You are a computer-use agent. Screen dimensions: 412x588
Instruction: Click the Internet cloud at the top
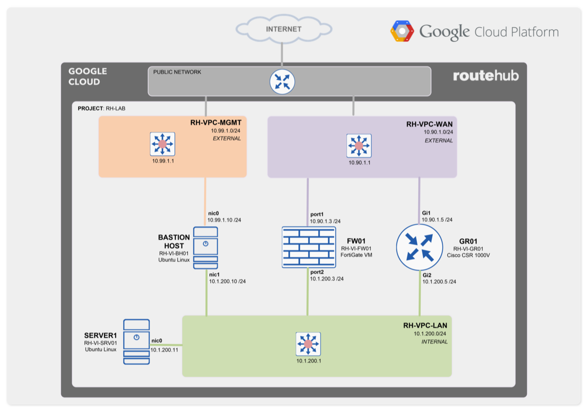[283, 29]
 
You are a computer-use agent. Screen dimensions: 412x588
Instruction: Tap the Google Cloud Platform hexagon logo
[402, 32]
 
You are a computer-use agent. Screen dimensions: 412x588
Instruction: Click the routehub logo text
[485, 76]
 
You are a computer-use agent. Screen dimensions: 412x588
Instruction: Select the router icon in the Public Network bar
[282, 82]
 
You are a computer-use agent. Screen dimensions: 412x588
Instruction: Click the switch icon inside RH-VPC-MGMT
[162, 144]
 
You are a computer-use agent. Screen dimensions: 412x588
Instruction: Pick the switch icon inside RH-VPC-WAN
[358, 146]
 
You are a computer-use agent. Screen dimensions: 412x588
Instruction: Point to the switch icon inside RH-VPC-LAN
[308, 344]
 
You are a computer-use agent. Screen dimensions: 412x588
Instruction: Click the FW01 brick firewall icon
[309, 247]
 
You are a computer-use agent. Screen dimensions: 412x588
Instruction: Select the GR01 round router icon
[420, 248]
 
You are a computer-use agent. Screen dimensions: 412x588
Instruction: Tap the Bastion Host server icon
[206, 248]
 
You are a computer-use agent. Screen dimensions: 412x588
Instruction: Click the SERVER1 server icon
[136, 341]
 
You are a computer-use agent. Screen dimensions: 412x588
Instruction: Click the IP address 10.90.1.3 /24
[325, 221]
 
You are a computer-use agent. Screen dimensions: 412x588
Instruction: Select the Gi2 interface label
[427, 274]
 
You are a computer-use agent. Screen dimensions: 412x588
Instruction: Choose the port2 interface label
[317, 271]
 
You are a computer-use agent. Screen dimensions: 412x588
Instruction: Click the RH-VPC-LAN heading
[425, 325]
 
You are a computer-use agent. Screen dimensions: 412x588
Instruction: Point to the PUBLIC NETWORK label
[177, 72]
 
